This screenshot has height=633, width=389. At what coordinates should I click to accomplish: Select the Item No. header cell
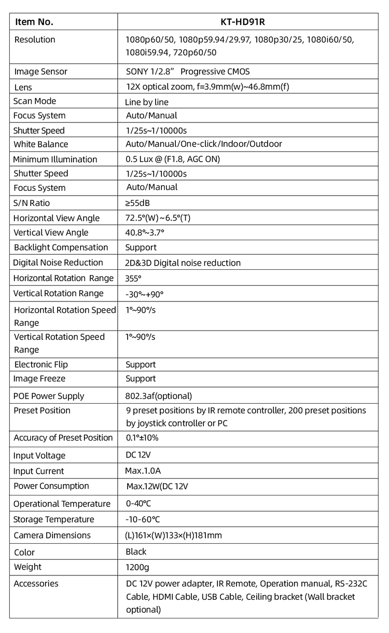(x=34, y=22)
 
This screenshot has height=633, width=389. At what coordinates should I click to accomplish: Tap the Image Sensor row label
(x=40, y=72)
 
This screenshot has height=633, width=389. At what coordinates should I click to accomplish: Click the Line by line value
(x=147, y=102)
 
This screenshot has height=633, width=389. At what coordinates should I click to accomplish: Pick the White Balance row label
(x=41, y=144)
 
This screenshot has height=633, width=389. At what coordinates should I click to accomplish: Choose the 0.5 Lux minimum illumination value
(x=173, y=159)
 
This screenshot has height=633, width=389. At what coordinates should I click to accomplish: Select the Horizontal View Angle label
(x=57, y=218)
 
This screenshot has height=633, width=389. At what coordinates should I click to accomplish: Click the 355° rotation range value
(x=133, y=278)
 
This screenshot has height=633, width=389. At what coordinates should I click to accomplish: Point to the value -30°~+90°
(x=144, y=294)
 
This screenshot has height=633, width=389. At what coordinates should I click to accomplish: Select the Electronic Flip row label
(x=41, y=365)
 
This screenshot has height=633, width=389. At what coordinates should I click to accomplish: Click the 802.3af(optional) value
(x=159, y=396)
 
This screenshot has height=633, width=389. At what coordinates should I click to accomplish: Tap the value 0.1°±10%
(x=142, y=437)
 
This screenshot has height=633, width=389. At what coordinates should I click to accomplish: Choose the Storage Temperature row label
(x=54, y=519)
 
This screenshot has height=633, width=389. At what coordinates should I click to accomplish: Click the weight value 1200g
(x=137, y=567)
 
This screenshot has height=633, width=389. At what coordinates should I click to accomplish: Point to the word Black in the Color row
(x=136, y=552)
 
